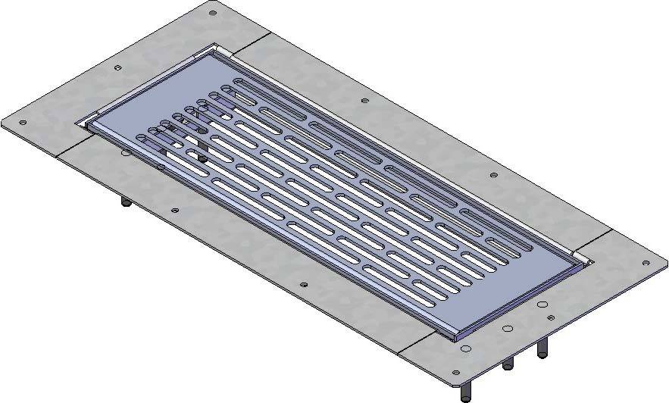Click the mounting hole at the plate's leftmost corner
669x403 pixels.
click(22, 122)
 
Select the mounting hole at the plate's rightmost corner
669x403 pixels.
click(646, 264)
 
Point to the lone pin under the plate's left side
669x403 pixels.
click(123, 202)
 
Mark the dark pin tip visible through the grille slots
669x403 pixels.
click(203, 158)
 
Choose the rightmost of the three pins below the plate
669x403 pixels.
click(542, 351)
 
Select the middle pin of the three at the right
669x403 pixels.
click(508, 364)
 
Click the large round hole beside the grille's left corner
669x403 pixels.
click(126, 152)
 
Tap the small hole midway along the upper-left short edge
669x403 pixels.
click(117, 67)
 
